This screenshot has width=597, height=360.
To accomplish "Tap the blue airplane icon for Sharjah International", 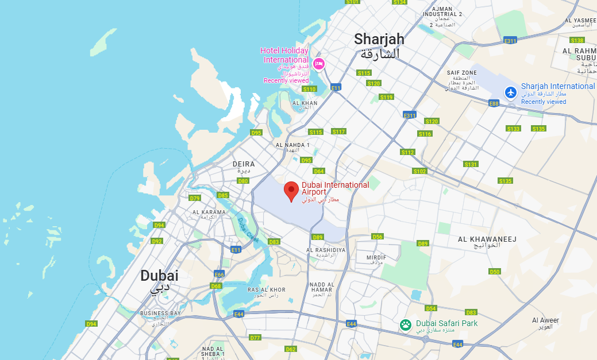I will tap(510, 92).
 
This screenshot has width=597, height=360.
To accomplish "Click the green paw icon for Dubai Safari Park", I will tap(406, 325).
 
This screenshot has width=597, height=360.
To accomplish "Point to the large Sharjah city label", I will tap(379, 39).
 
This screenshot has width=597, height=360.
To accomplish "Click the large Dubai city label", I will tap(159, 276).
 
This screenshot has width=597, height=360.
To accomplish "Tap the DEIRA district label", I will tap(243, 164).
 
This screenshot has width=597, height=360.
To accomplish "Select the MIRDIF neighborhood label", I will tap(376, 258).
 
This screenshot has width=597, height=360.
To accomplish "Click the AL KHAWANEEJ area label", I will tap(479, 238).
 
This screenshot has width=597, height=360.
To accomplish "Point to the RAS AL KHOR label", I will tap(266, 289).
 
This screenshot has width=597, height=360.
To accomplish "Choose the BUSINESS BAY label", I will tap(160, 313).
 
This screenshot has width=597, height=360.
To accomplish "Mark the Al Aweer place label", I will tap(545, 320).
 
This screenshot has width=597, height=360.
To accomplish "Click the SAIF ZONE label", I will tap(462, 73).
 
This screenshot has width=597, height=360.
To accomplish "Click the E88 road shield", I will tap(493, 103).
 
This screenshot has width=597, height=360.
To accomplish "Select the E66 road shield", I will tap(219, 274).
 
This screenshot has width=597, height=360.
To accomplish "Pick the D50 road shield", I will tap(494, 272).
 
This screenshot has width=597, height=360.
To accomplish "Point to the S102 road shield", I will tap(419, 171).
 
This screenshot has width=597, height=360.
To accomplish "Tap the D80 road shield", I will tap(243, 181).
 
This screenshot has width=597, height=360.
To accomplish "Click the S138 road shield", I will tap(577, 40).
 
